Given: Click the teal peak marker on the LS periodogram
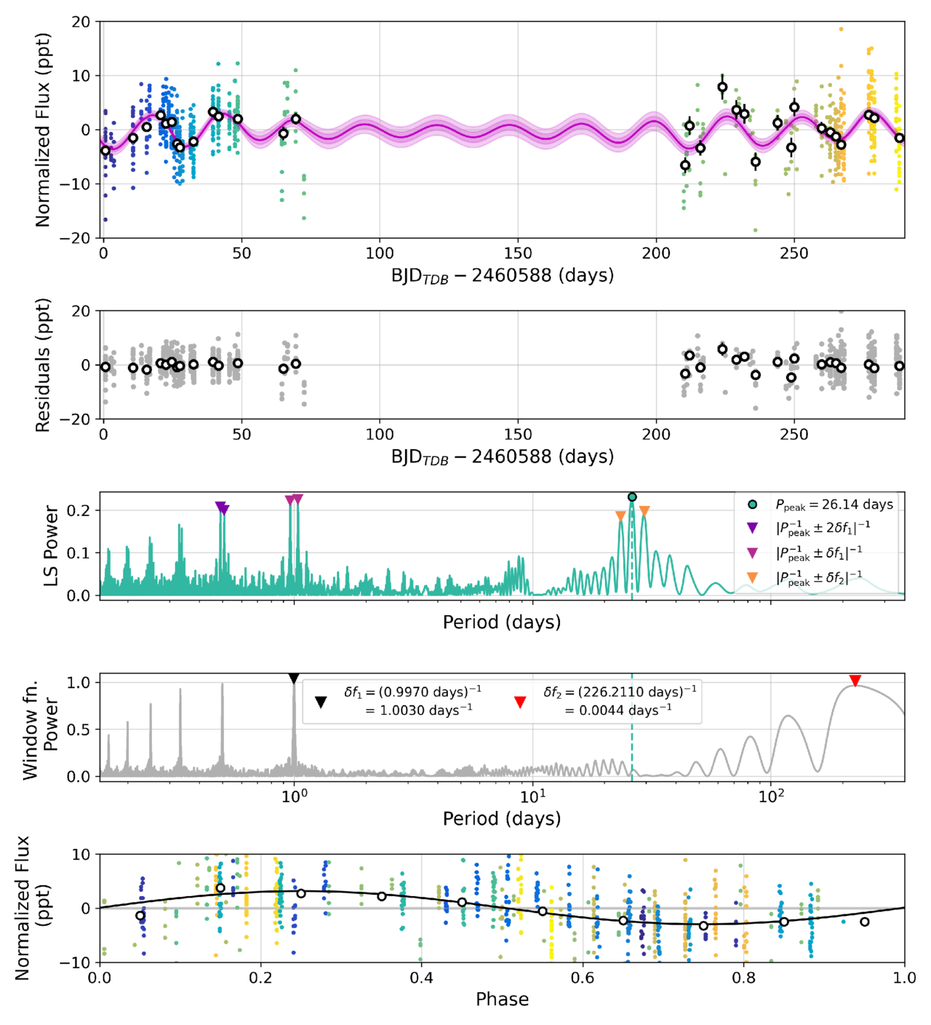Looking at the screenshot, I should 632,497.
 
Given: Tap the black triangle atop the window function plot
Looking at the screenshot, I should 294,678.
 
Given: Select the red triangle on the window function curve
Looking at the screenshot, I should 855,681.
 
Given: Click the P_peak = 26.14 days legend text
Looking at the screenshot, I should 834,504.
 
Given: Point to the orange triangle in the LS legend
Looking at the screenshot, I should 753,577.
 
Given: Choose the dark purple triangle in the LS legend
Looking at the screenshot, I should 753,528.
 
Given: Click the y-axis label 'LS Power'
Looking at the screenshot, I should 52,545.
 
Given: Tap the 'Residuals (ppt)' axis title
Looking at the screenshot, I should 43,365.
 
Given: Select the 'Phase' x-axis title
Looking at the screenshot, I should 502,999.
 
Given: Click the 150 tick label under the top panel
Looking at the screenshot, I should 518,253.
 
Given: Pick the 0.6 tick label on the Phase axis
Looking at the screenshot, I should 583,978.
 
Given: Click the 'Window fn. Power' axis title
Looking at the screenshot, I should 41,729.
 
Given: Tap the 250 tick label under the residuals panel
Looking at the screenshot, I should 794,435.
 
